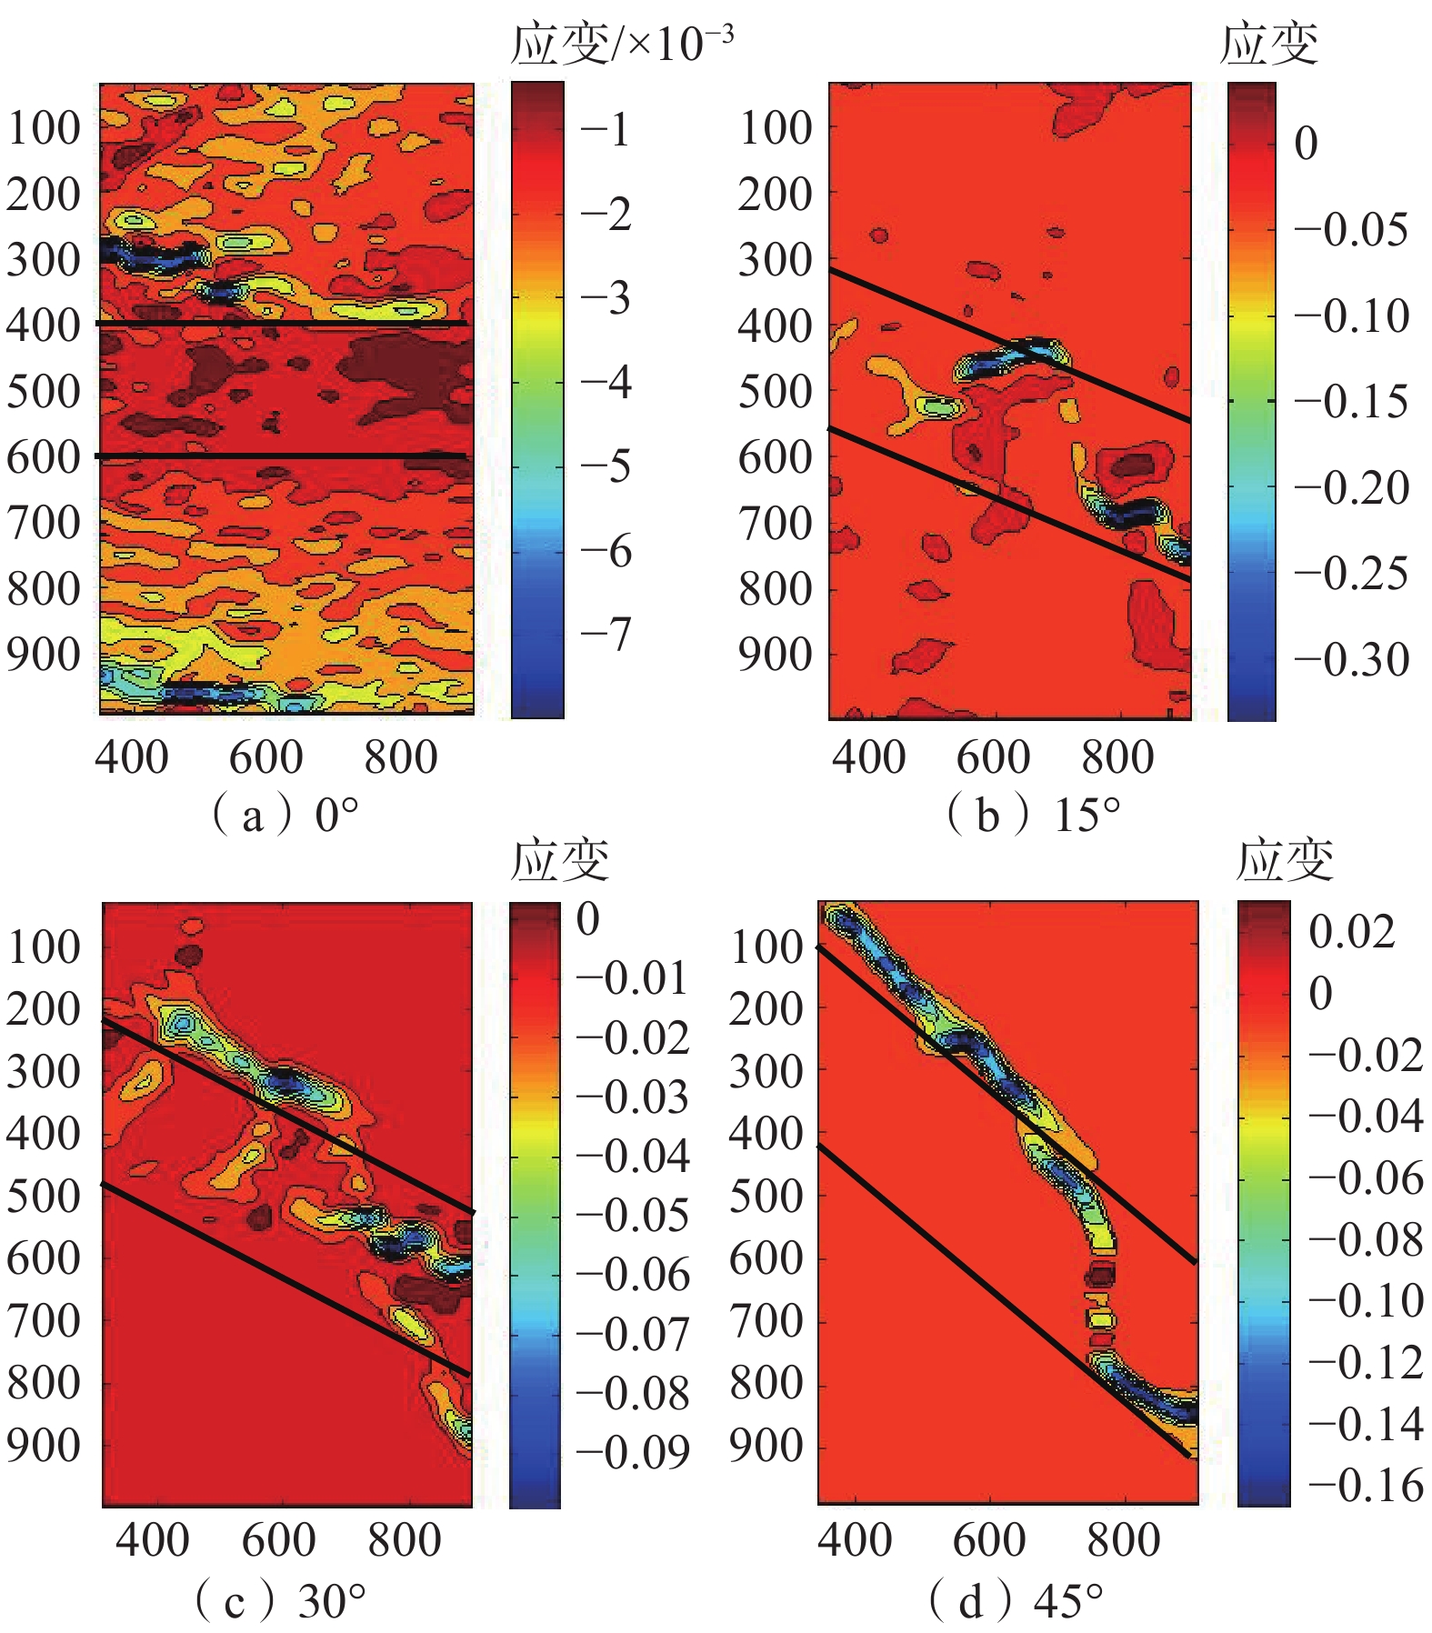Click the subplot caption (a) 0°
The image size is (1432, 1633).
tap(285, 815)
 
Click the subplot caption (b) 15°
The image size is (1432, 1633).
tap(1033, 815)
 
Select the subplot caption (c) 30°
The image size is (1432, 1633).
tap(280, 1600)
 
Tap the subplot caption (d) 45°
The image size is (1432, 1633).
tap(1016, 1600)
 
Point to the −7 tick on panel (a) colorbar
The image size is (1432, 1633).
tap(606, 634)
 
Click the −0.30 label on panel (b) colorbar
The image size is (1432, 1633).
tap(1352, 659)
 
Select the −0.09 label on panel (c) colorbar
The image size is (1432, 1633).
tap(633, 1453)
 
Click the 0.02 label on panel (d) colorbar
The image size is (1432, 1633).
tap(1351, 931)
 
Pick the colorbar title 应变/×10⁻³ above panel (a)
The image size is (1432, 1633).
tap(622, 44)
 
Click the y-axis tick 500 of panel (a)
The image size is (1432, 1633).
tap(44, 392)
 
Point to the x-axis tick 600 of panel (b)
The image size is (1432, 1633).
tap(993, 757)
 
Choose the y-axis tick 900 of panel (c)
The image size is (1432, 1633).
tap(44, 1446)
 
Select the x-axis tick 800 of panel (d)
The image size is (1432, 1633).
tap(1124, 1540)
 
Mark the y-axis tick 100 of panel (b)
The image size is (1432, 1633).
tap(776, 128)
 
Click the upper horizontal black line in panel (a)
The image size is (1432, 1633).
tap(282, 323)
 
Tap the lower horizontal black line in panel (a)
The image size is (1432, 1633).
tap(282, 456)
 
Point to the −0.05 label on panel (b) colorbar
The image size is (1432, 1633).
tap(1352, 229)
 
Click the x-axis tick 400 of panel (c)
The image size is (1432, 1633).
tap(152, 1540)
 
